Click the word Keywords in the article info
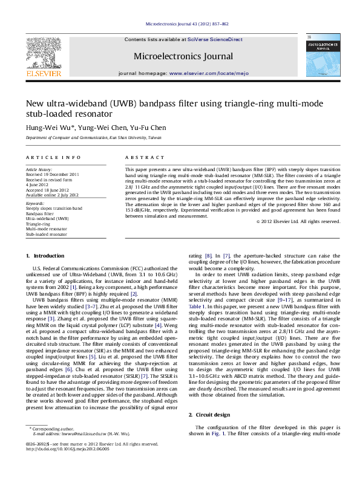click(35, 204)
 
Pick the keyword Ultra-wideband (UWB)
click(47, 218)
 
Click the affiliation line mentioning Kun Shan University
click(94, 138)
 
